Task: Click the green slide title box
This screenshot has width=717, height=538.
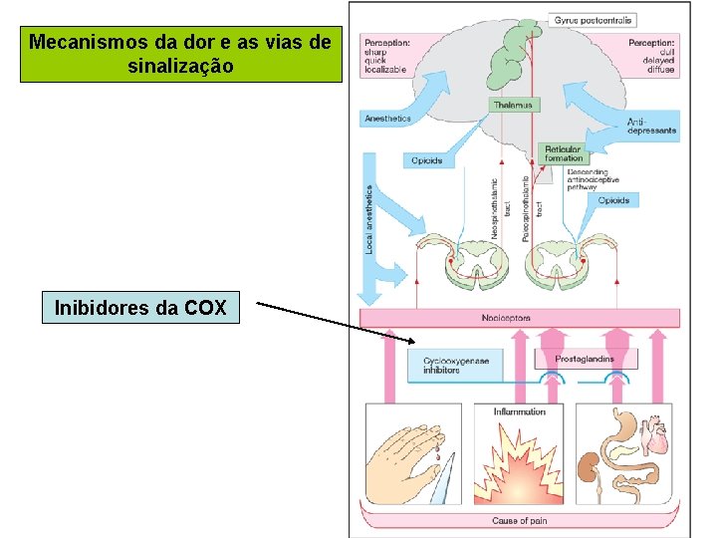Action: coord(181,55)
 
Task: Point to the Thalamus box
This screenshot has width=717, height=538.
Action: coord(513,105)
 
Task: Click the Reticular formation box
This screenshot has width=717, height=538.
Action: coord(563,153)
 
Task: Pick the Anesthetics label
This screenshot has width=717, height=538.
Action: coord(387,119)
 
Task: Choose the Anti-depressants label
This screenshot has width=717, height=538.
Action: coord(652,127)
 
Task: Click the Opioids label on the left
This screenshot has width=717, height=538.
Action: coord(426,160)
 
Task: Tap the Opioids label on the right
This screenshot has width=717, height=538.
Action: coord(613,200)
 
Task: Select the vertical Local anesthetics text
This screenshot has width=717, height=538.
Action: coord(369,217)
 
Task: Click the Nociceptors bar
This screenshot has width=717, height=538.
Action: coord(520,319)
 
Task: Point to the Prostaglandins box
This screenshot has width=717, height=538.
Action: coord(585,360)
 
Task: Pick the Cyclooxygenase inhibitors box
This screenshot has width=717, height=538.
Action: coord(456,366)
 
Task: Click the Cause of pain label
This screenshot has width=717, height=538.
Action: coord(519,521)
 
